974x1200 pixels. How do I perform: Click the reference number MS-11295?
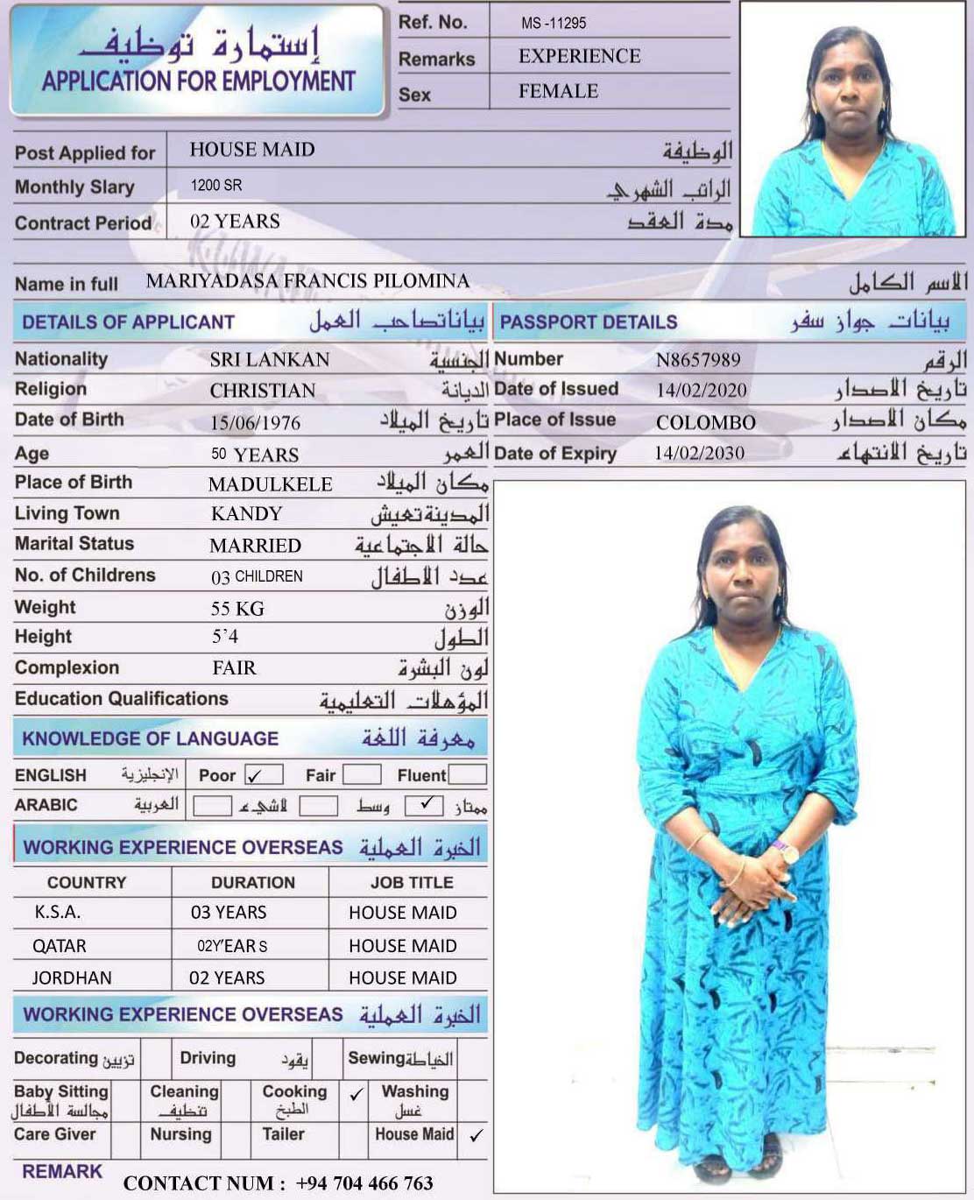(x=554, y=23)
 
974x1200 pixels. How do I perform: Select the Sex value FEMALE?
(x=558, y=91)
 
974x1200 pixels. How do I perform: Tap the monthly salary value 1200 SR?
(x=216, y=186)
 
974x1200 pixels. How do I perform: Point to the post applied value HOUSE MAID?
(x=252, y=150)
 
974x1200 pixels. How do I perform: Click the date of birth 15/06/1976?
(x=255, y=423)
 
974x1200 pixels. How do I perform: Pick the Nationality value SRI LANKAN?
(x=270, y=359)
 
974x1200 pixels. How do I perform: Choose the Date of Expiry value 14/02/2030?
(x=699, y=453)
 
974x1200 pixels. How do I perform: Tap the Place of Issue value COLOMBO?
(x=705, y=422)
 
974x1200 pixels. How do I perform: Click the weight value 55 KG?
(x=237, y=609)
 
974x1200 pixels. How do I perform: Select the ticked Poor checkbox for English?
(x=264, y=775)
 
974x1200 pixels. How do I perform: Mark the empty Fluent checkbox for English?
(x=468, y=774)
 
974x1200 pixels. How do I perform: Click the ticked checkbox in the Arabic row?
(x=425, y=805)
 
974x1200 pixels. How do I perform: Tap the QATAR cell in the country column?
(x=60, y=946)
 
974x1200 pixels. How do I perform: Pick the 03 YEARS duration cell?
(x=229, y=913)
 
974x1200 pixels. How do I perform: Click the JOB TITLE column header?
(x=412, y=882)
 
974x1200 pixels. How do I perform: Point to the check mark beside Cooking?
(x=356, y=1094)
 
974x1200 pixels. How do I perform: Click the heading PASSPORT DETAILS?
(x=589, y=322)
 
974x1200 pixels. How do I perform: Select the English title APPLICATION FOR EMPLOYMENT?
(x=199, y=81)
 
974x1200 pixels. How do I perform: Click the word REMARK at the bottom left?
(x=62, y=1171)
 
